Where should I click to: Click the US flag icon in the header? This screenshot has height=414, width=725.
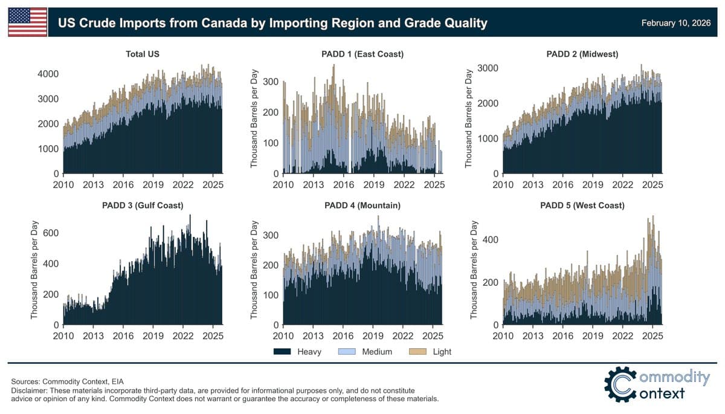(x=27, y=22)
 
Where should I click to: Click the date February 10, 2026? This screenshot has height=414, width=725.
(x=678, y=23)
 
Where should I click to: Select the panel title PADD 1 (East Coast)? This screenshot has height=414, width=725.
(x=362, y=54)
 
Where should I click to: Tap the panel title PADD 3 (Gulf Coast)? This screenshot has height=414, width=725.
(x=143, y=205)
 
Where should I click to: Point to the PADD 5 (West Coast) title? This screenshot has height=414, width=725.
(x=582, y=205)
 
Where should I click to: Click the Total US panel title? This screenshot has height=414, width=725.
(x=143, y=54)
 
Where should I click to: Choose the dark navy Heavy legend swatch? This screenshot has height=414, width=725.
(x=282, y=352)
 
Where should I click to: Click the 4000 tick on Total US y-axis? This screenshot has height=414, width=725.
(x=48, y=74)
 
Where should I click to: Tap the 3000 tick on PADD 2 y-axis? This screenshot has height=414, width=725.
(x=488, y=68)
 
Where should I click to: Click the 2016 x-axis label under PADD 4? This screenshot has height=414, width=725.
(x=343, y=337)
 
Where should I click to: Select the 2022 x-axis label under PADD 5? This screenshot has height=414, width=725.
(x=622, y=337)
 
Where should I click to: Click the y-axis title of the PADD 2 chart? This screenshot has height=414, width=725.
(x=469, y=119)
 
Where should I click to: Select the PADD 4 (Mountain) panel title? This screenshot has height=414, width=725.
(x=362, y=205)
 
